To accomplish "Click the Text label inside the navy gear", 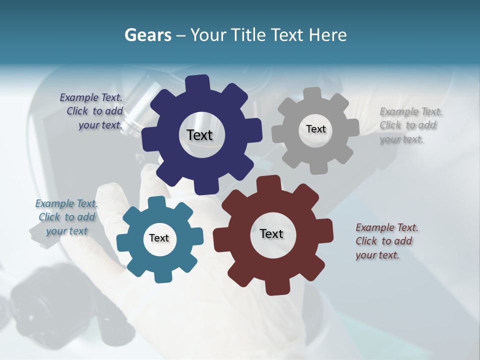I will [x=199, y=135].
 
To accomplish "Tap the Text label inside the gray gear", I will [x=315, y=129].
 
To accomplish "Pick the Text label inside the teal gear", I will [x=159, y=238].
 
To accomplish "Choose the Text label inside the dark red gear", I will [x=271, y=233].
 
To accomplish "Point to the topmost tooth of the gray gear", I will [x=312, y=93].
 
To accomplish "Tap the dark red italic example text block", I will [x=386, y=241].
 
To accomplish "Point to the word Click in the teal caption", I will [x=49, y=217].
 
